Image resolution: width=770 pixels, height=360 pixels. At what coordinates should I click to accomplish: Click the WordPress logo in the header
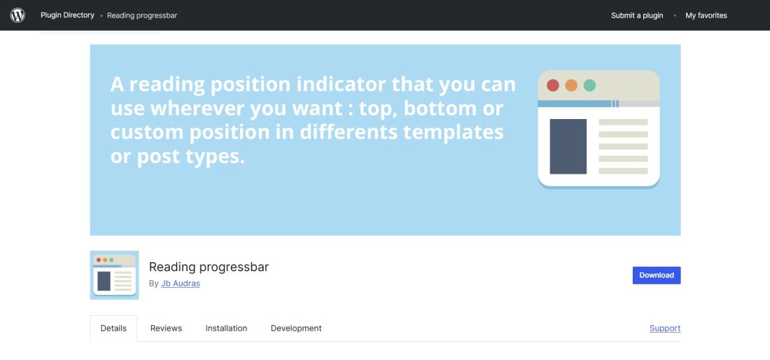point(17,15)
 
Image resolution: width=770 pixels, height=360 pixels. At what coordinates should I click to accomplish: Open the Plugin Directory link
point(67,15)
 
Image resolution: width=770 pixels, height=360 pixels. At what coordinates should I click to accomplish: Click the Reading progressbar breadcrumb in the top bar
point(142,15)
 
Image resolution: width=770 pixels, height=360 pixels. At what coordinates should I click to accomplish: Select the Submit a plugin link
point(637,15)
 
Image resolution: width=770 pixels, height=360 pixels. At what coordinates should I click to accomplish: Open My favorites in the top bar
point(706,15)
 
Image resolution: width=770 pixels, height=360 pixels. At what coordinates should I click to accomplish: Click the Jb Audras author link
point(181,284)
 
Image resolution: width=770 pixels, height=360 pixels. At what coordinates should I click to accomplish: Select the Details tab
point(113,328)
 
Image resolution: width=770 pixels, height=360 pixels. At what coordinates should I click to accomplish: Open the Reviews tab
point(166,328)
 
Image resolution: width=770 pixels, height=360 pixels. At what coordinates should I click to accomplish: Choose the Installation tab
point(226,328)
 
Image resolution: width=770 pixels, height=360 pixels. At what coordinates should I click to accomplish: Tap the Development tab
point(296,328)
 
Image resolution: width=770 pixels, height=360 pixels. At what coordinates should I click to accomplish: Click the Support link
point(665,328)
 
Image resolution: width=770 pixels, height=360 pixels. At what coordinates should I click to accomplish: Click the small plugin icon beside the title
point(114,275)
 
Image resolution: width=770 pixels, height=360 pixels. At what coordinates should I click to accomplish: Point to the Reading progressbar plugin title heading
point(209,267)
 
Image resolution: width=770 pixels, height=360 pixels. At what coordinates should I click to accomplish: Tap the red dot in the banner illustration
point(553,85)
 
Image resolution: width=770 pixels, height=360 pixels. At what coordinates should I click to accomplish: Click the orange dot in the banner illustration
point(571,85)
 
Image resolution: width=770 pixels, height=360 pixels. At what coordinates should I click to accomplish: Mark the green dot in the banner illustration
point(589,85)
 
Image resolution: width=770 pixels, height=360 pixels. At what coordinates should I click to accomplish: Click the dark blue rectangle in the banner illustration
point(568,146)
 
